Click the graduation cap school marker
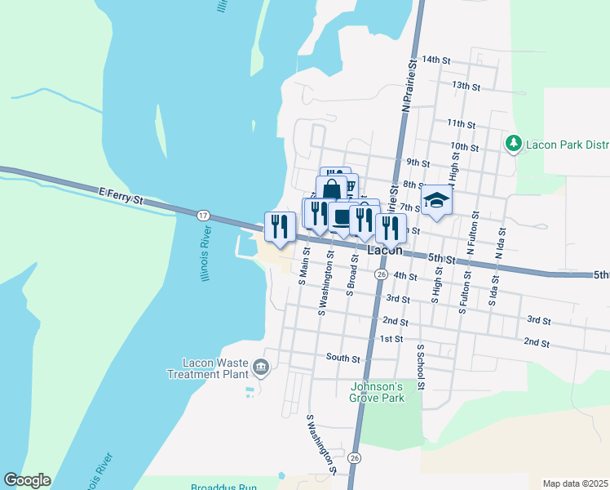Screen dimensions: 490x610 click(436, 201)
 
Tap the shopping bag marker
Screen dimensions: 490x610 click(331, 191)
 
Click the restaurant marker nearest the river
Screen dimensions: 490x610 click(280, 225)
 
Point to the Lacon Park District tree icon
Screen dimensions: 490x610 click(513, 145)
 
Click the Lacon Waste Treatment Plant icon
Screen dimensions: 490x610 click(260, 367)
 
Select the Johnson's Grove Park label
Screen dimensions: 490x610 click(377, 392)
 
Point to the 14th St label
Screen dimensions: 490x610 click(437, 60)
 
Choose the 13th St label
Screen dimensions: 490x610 click(465, 85)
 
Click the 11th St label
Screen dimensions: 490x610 click(461, 123)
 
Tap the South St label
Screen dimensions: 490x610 click(343, 358)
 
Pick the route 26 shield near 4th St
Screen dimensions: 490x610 click(381, 275)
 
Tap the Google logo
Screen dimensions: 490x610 click(27, 480)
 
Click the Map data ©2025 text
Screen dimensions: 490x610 click(576, 483)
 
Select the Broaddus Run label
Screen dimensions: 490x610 click(223, 488)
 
